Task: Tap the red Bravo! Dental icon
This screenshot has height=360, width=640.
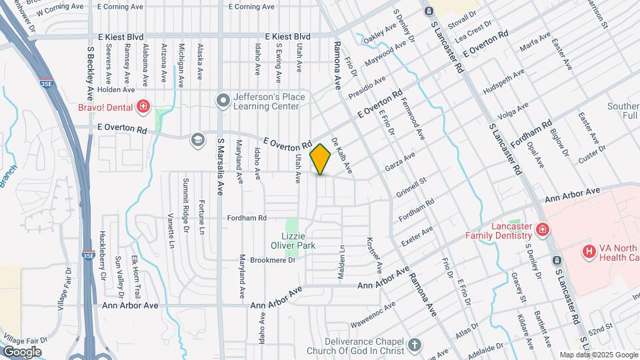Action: coord(142,106)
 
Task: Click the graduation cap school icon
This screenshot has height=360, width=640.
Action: coord(197,139)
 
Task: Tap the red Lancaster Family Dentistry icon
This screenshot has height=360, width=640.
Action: coord(543,230)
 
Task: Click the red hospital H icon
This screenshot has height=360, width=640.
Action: coord(589,251)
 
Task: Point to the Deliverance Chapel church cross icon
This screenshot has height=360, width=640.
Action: coord(415,345)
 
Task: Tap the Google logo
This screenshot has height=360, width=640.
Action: coord(22,351)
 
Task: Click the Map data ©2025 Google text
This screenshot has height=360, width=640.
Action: coord(599,355)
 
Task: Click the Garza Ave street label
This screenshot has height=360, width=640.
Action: coord(399,162)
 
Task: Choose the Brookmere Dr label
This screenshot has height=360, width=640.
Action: coord(273,260)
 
